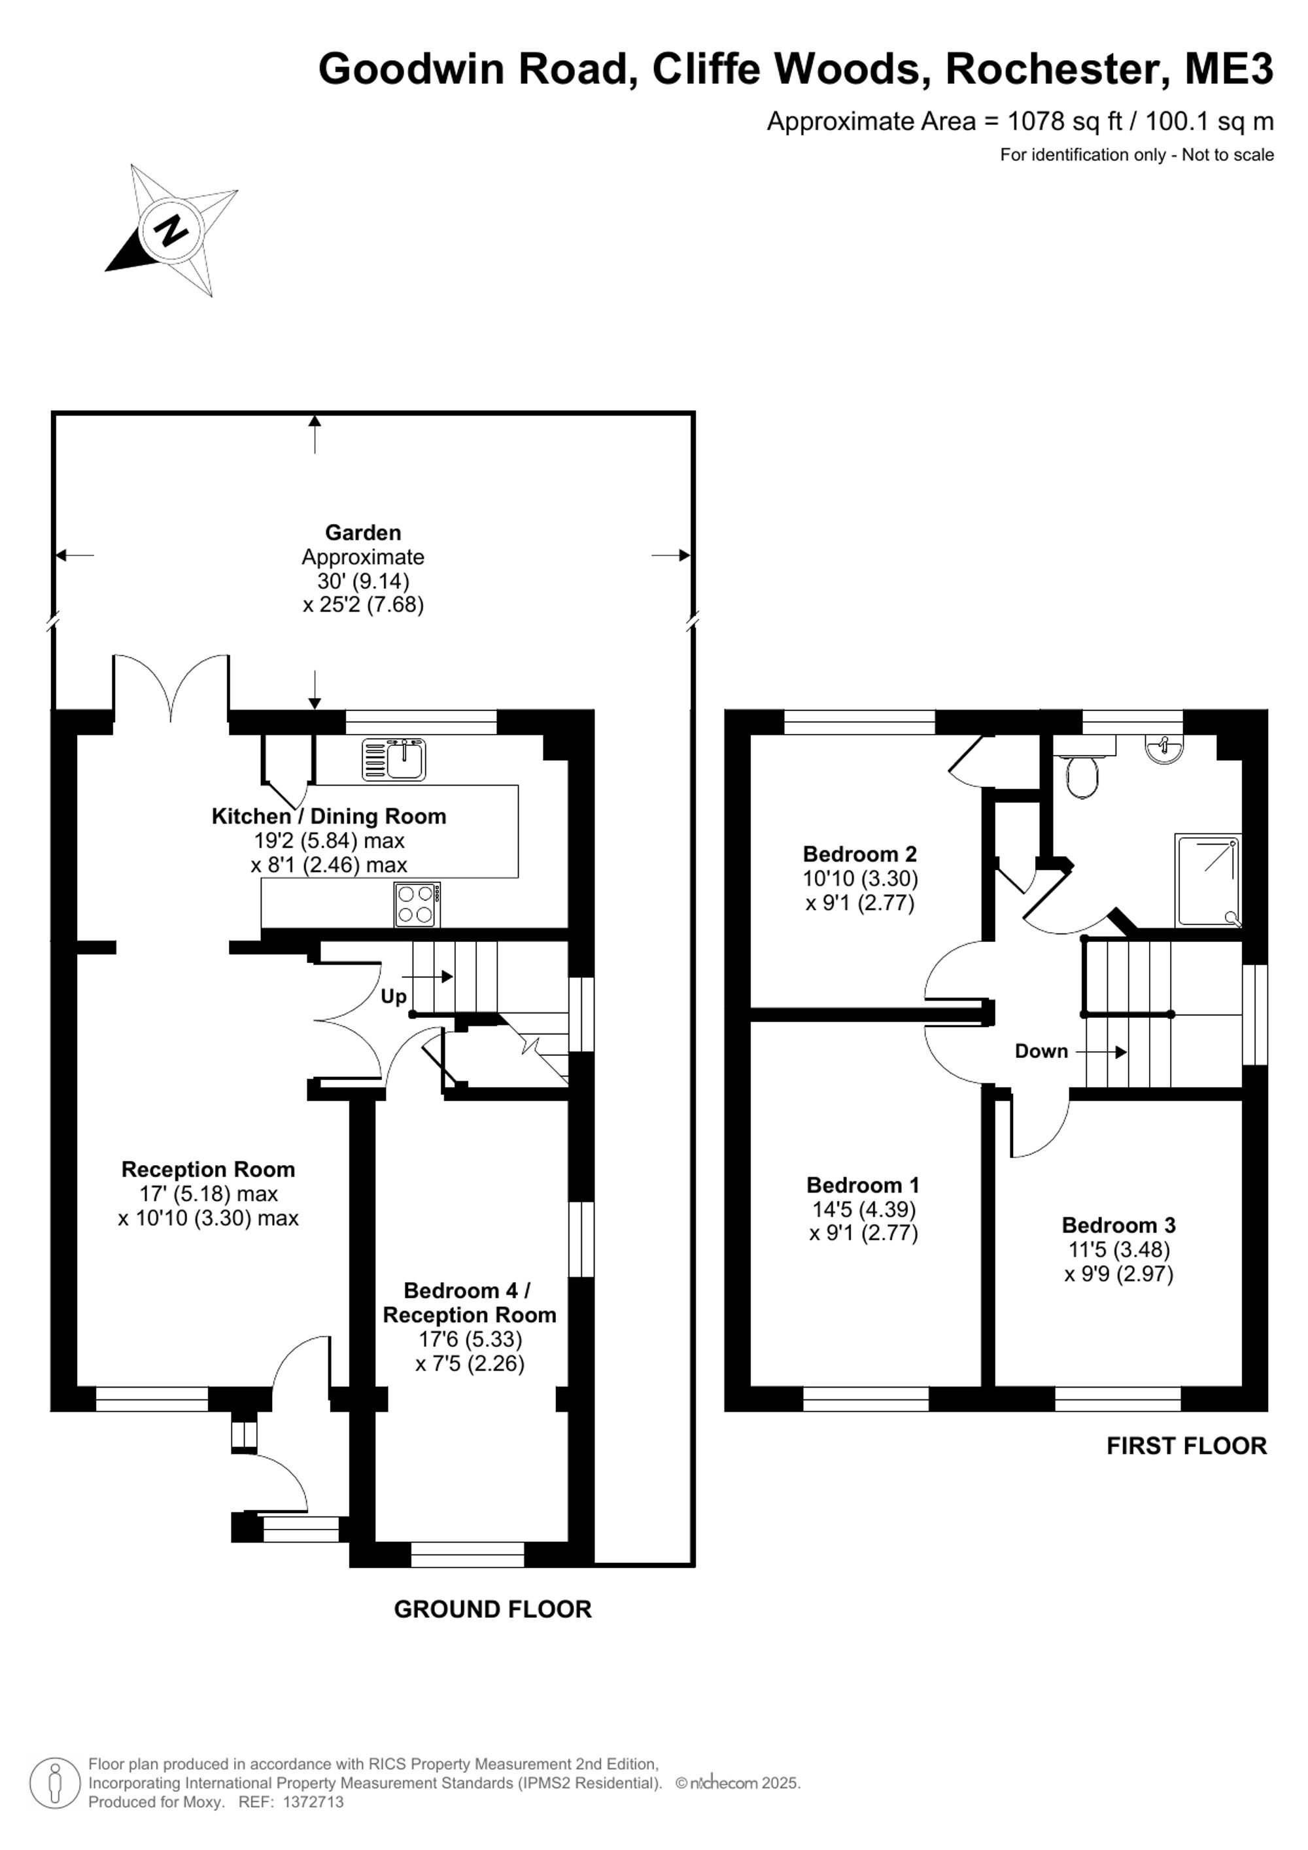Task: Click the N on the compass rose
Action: pyautogui.click(x=170, y=232)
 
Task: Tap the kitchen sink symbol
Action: pyautogui.click(x=394, y=760)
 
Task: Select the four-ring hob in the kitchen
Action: pyautogui.click(x=417, y=904)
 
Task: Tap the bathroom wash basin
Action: pyautogui.click(x=1164, y=748)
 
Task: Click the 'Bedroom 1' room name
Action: pyautogui.click(x=863, y=1185)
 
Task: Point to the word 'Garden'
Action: pyautogui.click(x=362, y=532)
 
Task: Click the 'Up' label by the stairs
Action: pyautogui.click(x=393, y=997)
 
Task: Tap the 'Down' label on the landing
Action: pyautogui.click(x=1041, y=1051)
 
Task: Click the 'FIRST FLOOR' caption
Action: pyautogui.click(x=1186, y=1446)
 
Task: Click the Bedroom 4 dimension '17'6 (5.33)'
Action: pyautogui.click(x=470, y=1339)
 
